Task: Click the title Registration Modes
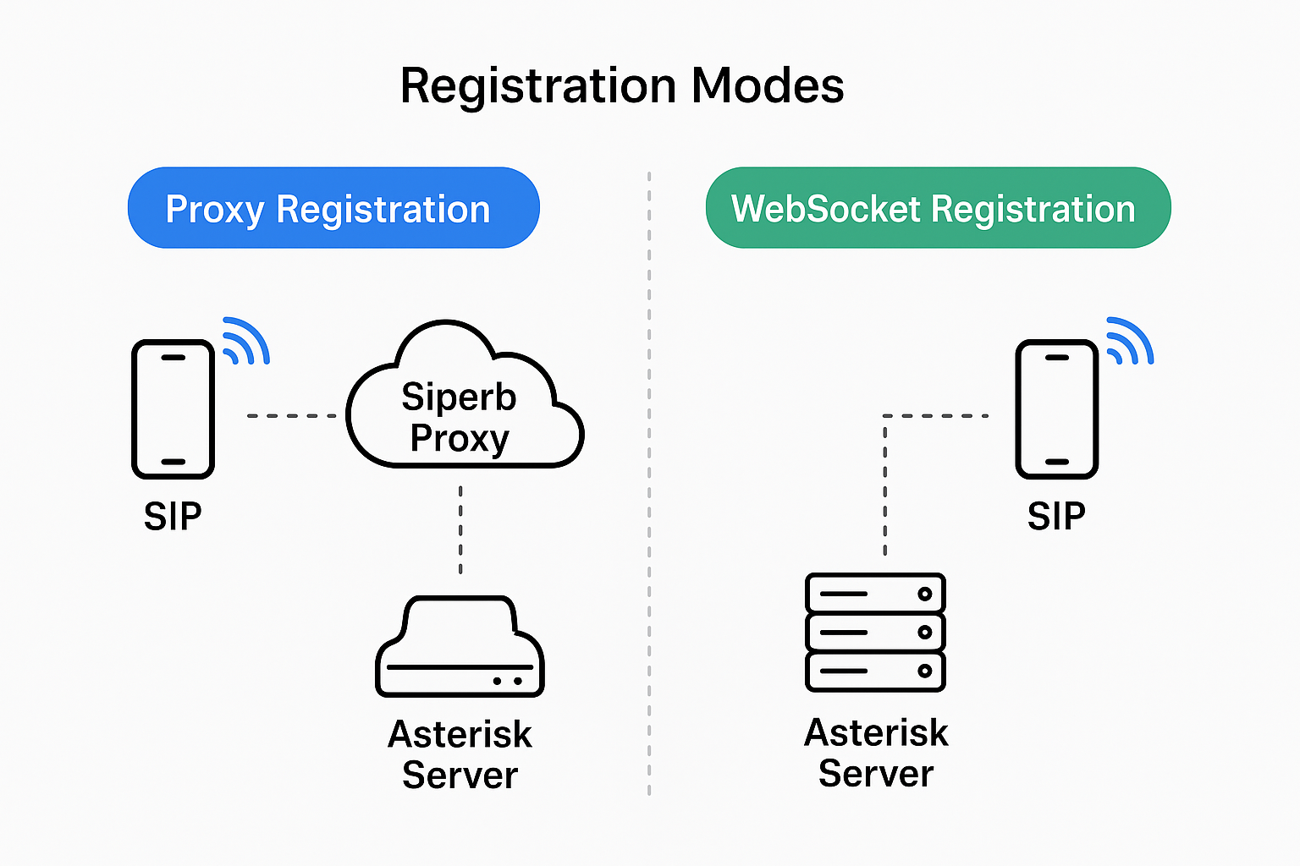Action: pos(621,85)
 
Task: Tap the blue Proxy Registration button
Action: pos(333,208)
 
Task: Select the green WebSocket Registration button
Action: pos(938,208)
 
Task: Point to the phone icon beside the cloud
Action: pos(173,409)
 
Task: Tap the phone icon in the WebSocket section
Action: pos(1056,409)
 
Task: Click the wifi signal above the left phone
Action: pos(245,342)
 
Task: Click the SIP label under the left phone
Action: pos(173,516)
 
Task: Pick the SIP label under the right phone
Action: pos(1056,516)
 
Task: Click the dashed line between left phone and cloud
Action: pos(292,415)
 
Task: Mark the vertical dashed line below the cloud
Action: pos(460,530)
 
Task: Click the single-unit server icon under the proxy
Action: pos(460,648)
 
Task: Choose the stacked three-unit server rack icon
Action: pos(875,633)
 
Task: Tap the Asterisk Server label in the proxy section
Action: pos(460,754)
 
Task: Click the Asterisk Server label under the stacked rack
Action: pos(876,753)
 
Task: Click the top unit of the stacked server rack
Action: pos(875,593)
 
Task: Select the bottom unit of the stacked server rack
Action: pos(875,671)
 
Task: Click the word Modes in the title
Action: pos(768,85)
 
